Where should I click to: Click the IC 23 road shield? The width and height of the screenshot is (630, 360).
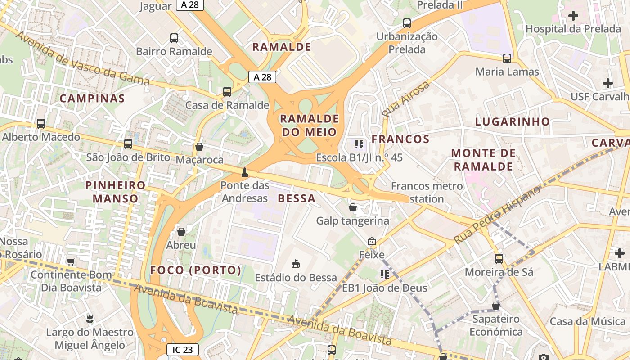point(182,349)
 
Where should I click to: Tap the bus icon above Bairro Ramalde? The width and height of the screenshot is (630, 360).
point(174,38)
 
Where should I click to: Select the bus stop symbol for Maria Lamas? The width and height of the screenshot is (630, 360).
point(507,58)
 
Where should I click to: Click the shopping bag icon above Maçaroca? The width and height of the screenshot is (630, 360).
point(199,147)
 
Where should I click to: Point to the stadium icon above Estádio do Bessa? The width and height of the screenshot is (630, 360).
point(296,264)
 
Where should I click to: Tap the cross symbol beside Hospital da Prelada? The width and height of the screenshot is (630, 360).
point(573,16)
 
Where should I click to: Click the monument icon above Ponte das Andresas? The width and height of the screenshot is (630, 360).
point(245,172)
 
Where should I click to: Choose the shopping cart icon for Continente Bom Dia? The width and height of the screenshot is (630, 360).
point(71,261)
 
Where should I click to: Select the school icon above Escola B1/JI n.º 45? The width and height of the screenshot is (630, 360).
point(359,144)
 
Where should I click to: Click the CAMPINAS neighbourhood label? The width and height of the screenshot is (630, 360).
point(92,99)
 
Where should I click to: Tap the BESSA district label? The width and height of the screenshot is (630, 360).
point(297,198)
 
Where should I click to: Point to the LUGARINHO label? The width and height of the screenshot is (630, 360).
point(513,121)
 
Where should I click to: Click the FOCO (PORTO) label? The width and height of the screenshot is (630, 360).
point(196,270)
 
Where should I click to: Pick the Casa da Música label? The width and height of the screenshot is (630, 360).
point(588,321)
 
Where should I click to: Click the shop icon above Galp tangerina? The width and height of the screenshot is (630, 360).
point(353,207)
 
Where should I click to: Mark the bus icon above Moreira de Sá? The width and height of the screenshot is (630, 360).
point(499,259)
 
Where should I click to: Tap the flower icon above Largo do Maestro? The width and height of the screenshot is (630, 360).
point(90,319)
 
